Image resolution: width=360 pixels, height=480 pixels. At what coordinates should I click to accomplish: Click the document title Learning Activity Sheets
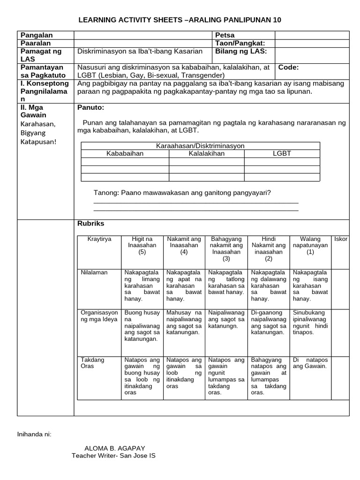click(180, 20)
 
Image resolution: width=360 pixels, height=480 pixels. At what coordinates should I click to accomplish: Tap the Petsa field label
click(225, 35)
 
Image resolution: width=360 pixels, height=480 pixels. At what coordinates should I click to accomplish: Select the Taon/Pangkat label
click(240, 43)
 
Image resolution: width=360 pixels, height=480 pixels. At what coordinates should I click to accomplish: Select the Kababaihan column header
click(125, 153)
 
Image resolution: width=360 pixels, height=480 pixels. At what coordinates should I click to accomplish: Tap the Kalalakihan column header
click(206, 153)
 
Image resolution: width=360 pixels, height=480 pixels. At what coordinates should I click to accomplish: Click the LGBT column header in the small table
click(282, 153)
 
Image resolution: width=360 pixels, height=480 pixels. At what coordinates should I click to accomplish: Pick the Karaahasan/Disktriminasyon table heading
click(200, 146)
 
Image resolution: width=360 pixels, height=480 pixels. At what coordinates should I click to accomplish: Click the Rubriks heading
click(90, 224)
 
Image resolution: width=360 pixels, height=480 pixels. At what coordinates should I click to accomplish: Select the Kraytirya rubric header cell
click(99, 239)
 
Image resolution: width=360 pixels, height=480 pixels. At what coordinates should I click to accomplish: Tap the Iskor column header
click(341, 239)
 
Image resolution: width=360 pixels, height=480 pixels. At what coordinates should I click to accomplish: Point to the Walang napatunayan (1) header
click(310, 245)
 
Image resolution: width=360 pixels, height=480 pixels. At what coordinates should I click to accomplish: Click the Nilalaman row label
click(94, 272)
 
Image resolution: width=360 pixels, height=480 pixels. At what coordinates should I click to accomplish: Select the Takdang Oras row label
click(92, 363)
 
